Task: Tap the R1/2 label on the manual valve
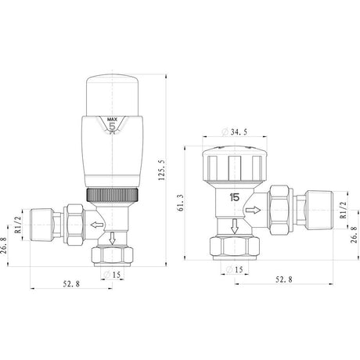343,209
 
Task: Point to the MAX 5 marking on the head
112,123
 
